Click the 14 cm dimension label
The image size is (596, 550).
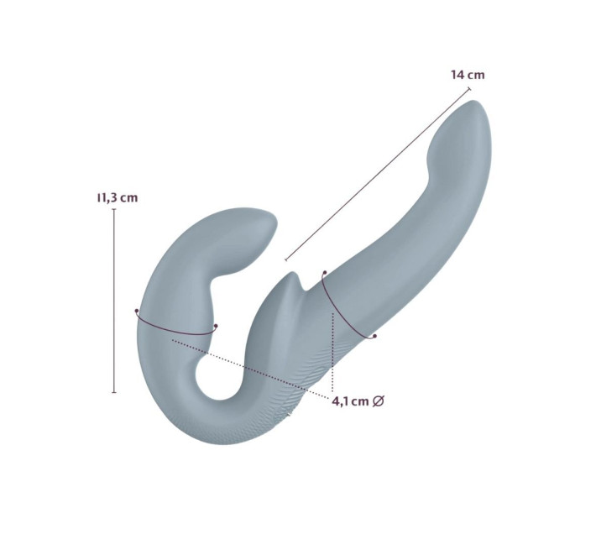(x=468, y=75)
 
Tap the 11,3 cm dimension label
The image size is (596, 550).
(x=118, y=198)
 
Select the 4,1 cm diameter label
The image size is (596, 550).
(x=358, y=401)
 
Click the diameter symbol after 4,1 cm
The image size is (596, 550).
(x=378, y=401)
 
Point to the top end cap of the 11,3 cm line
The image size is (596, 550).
(x=114, y=209)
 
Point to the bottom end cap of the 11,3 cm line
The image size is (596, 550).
(x=114, y=392)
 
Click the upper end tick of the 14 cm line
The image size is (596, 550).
(x=469, y=88)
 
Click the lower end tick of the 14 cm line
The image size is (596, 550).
(x=286, y=259)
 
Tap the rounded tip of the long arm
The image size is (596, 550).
(x=476, y=104)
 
